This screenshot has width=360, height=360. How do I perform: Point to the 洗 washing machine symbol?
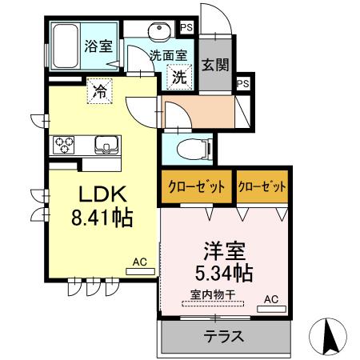click(x=180, y=78)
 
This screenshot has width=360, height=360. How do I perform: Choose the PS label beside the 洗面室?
click(x=187, y=28)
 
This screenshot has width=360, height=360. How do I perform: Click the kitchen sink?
click(x=106, y=145)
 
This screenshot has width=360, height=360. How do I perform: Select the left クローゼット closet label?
click(x=196, y=186)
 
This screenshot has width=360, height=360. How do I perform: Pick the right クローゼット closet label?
click(x=262, y=186)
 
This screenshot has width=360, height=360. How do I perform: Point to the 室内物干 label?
click(x=211, y=294)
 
